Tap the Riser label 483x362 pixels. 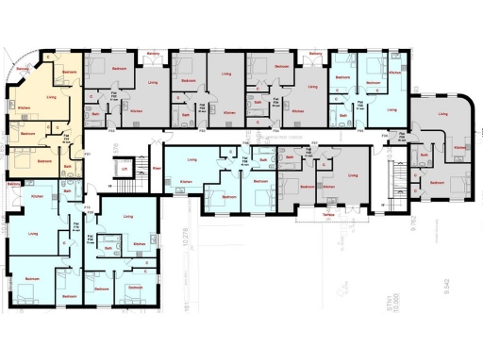tap(157, 170)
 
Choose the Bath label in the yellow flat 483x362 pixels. tap(68, 167)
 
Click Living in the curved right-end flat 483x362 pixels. tap(444, 115)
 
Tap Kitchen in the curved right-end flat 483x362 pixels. tap(459, 149)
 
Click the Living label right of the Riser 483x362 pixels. tap(192, 160)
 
